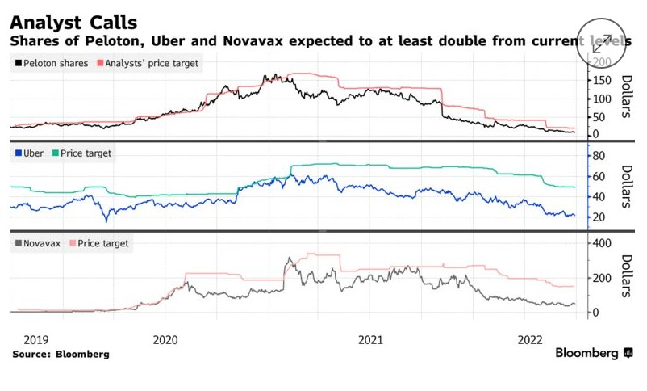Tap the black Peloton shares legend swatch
coord(18,62)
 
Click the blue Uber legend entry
coord(29,153)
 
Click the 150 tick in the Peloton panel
coord(602,80)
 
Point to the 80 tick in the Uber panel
coord(599,155)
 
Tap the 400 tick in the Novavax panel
coord(602,243)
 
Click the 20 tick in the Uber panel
coord(599,217)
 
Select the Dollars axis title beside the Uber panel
coord(625,186)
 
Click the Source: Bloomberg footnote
coord(61,354)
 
